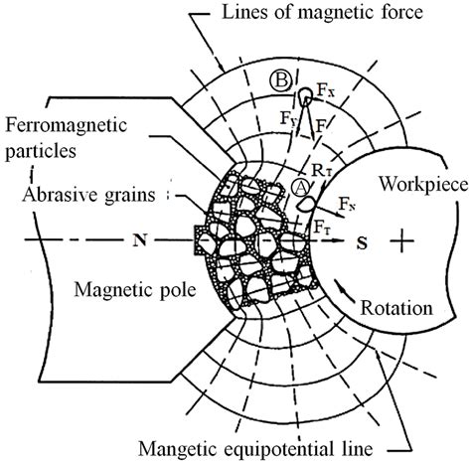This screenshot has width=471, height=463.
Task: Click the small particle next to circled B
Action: [x=305, y=96]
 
